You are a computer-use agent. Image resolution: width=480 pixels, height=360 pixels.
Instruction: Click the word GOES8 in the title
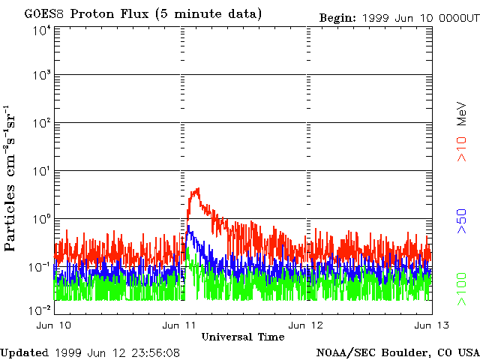(x=43, y=14)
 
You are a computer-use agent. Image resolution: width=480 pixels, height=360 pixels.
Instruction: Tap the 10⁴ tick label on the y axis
(x=43, y=30)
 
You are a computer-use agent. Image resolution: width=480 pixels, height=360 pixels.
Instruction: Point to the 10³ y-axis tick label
(x=43, y=75)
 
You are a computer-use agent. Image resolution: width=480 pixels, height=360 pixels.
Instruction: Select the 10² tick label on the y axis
(x=43, y=123)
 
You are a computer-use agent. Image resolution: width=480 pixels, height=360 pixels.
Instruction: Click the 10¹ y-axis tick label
(x=43, y=171)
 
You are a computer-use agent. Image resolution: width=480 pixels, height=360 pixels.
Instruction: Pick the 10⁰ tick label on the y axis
(x=43, y=219)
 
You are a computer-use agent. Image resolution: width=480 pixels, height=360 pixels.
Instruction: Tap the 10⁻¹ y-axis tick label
(x=40, y=267)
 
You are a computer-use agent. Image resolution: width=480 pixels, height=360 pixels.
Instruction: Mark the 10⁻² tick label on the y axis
(x=40, y=310)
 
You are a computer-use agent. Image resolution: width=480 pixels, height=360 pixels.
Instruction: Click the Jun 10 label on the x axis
(x=54, y=325)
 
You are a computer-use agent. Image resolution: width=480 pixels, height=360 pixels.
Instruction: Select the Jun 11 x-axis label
(x=179, y=325)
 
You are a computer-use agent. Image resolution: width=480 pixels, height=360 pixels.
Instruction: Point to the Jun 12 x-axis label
(x=306, y=325)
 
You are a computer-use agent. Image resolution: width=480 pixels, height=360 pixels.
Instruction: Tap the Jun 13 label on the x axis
(x=432, y=325)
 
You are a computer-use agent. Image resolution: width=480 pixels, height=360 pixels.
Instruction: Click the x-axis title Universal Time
(x=243, y=337)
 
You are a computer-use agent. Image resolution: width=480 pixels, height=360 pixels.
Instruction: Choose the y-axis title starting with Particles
(x=10, y=178)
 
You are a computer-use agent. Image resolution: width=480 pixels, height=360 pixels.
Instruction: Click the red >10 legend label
(x=462, y=149)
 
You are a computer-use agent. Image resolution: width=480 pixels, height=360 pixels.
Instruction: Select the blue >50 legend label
(x=462, y=221)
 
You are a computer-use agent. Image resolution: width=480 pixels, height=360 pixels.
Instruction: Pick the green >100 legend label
(x=462, y=289)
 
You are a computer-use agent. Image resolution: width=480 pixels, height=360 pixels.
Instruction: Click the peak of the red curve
(x=198, y=188)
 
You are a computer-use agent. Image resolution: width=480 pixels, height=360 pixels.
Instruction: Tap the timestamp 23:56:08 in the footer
(x=156, y=353)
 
